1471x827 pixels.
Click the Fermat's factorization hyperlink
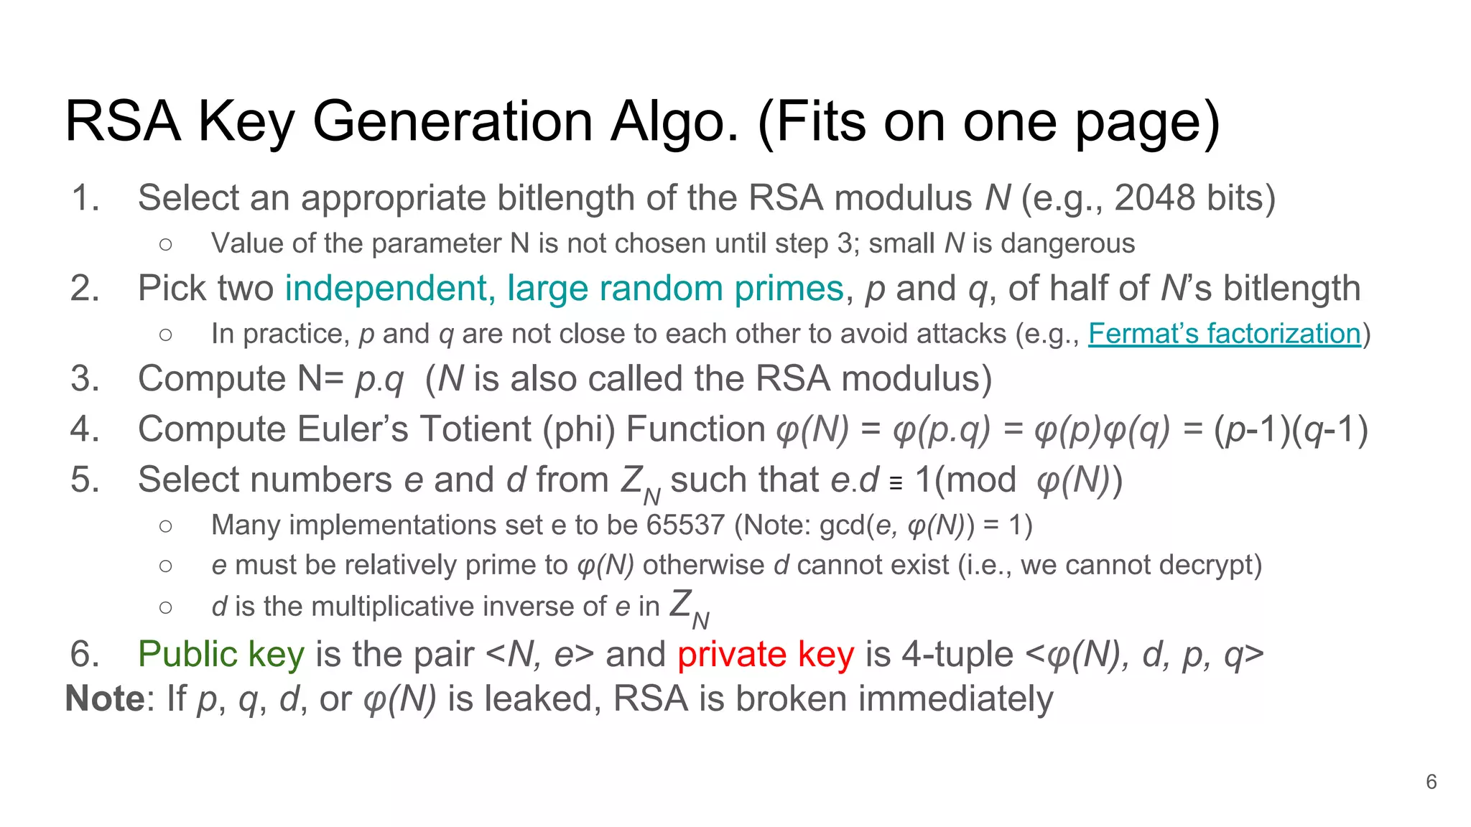click(1224, 334)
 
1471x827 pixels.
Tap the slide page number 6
click(1431, 782)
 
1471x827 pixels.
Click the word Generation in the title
click(453, 121)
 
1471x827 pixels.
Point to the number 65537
click(685, 525)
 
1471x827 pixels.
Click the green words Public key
click(221, 655)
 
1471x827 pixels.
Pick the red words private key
click(766, 655)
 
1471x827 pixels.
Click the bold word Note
click(105, 699)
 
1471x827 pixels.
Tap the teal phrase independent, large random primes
click(564, 289)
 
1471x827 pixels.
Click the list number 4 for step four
click(84, 429)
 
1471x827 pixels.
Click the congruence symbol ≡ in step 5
click(896, 484)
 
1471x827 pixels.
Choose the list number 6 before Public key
click(84, 655)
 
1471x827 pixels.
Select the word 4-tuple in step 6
click(957, 655)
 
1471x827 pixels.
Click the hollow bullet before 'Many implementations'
click(166, 526)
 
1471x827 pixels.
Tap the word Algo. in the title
click(675, 121)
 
